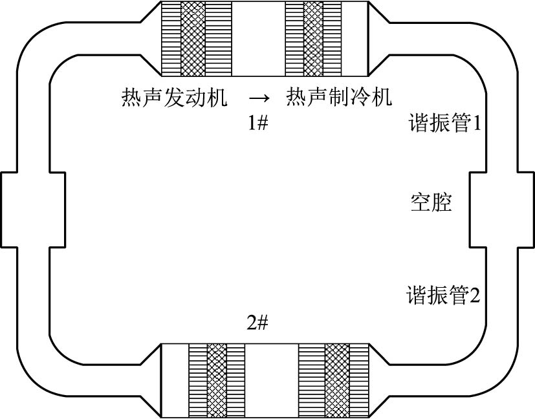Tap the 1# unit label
point(258,124)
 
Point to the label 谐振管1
point(445,124)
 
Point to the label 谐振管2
point(443,296)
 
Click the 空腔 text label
point(431,202)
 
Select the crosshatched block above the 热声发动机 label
point(193,38)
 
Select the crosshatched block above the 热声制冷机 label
point(313,38)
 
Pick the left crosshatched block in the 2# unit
point(217,380)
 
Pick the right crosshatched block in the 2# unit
point(336,380)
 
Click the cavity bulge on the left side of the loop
point(32,209)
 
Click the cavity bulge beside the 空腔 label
point(502,209)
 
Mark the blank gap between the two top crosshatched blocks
point(258,38)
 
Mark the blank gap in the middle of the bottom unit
point(272,380)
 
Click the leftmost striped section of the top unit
point(171,38)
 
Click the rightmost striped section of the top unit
point(332,38)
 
